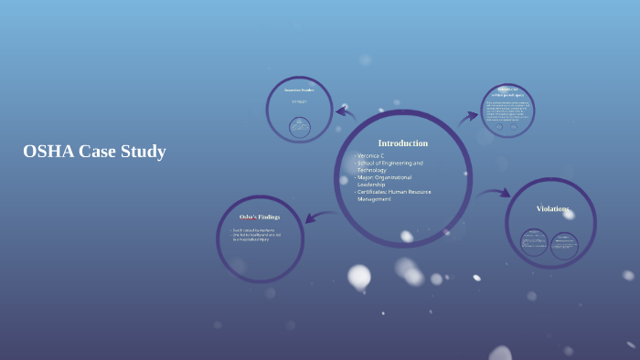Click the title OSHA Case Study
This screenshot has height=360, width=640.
pos(94,152)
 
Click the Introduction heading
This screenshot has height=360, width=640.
pos(402,143)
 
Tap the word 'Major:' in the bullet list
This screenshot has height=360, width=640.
pos(368,177)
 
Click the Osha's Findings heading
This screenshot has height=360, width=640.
pos(259,217)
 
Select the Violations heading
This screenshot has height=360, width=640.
pos(552,209)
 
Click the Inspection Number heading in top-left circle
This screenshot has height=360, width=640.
pos(299,90)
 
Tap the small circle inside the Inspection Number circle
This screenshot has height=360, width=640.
pos(300,127)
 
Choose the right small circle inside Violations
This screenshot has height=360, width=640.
pos(565,243)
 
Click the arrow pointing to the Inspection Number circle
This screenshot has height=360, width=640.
pos(346,112)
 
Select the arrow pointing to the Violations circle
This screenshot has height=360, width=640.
pos(494,193)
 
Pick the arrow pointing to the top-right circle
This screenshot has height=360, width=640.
pos(468,116)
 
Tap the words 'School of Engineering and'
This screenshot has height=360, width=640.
pos(390,163)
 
